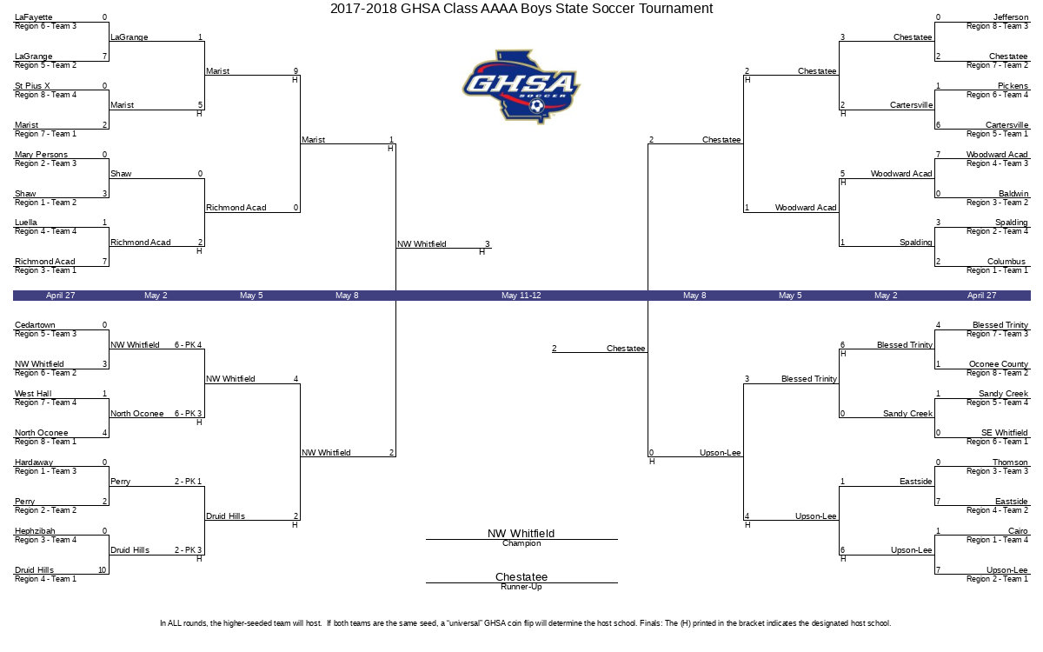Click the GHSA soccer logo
(521, 87)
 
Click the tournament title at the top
(521, 9)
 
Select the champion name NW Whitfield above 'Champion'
(521, 533)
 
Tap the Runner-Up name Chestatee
(521, 576)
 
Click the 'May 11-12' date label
(521, 296)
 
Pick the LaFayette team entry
(34, 17)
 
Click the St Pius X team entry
(32, 86)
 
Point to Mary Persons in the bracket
(41, 154)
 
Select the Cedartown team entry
(35, 324)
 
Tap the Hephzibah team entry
(35, 530)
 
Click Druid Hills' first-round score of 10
(103, 569)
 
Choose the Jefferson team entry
(1010, 17)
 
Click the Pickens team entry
(1013, 86)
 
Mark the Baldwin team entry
(1013, 193)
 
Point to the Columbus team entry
(1006, 262)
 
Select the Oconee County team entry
(999, 363)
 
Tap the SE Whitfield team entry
(1005, 432)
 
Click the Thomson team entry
(1010, 462)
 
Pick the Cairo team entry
(1018, 530)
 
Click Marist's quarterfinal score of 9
(296, 70)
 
